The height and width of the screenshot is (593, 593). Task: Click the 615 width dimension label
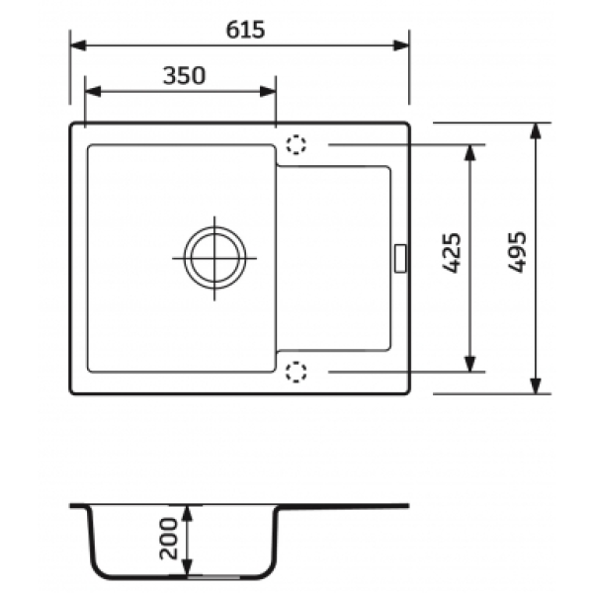point(245,30)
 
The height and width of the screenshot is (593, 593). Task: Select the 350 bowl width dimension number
point(184,76)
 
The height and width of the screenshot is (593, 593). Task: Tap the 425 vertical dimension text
point(452,253)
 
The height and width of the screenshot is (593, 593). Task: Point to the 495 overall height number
point(517,252)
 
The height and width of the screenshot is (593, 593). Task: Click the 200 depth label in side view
point(168,539)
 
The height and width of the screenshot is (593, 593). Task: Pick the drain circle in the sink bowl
point(214,258)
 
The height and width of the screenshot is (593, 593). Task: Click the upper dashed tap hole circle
point(296,144)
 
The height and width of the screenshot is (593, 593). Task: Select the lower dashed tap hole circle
point(296,372)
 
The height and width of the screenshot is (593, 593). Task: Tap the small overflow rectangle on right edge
point(400,258)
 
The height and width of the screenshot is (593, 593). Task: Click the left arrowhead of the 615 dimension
point(78,45)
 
